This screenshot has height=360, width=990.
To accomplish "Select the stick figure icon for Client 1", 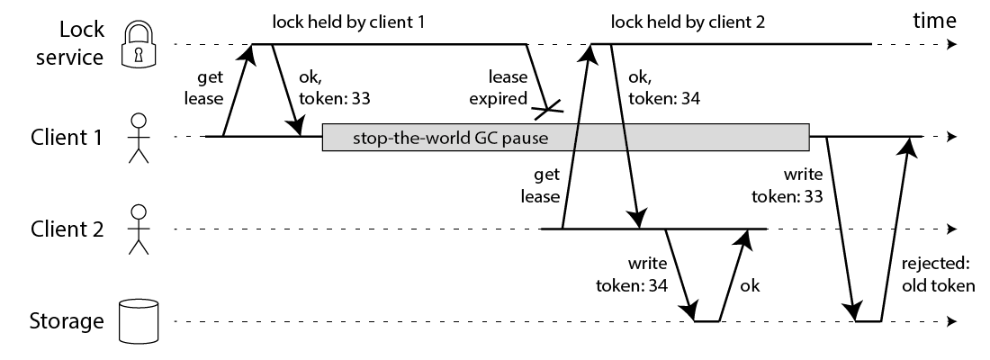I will point(138,138).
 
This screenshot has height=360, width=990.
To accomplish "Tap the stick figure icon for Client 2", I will point(138,229).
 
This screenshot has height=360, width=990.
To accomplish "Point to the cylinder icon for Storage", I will point(138,321).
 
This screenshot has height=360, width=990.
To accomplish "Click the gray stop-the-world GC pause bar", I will point(565,138).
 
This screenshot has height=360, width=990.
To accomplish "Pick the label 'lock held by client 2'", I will point(688,20).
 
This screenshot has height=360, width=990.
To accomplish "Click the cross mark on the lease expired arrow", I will point(546,111).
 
